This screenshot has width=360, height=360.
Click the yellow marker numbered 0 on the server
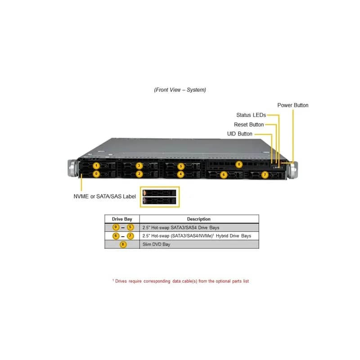click(x=96, y=174)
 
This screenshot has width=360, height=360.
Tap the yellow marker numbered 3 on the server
click(x=139, y=166)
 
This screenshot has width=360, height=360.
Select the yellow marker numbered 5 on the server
click(x=181, y=166)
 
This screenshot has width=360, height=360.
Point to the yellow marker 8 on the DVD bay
click(x=239, y=164)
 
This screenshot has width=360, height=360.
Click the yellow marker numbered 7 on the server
click(x=265, y=175)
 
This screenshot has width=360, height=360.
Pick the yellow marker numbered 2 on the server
click(x=139, y=174)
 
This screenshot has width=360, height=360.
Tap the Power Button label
click(x=293, y=105)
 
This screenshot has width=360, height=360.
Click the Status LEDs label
click(x=251, y=115)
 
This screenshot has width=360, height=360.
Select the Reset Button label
click(x=249, y=125)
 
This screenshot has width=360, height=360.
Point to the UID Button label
click(x=240, y=134)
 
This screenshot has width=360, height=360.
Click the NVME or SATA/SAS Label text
click(x=105, y=196)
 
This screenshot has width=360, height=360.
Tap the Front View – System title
click(x=180, y=90)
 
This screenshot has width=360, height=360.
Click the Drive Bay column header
click(x=122, y=219)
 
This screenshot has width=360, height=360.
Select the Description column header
click(x=199, y=219)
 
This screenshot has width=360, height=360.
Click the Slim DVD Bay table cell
click(x=199, y=244)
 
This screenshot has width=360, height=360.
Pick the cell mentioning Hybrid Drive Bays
click(x=199, y=236)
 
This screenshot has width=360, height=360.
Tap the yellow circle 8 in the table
click(x=123, y=244)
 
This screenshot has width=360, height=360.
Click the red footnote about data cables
click(x=181, y=281)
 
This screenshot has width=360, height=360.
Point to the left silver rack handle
click(x=73, y=168)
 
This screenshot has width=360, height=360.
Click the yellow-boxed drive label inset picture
click(x=160, y=197)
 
